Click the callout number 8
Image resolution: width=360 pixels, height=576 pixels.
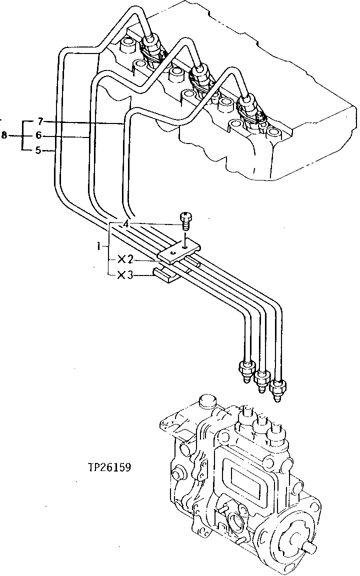tap(4, 135)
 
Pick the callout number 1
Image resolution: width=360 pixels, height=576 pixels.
tap(100, 246)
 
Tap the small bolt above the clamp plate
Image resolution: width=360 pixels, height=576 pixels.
tap(185, 220)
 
